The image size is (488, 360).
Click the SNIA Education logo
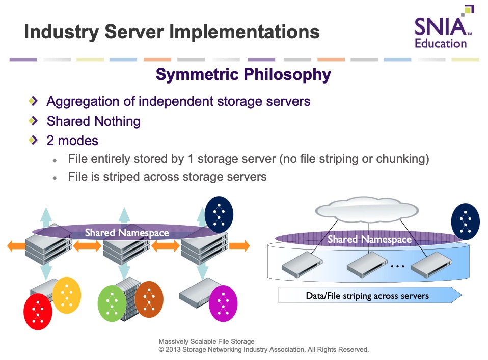(x=444, y=27)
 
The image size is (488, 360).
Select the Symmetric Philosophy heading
(x=243, y=75)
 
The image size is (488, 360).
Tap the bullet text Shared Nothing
(x=93, y=121)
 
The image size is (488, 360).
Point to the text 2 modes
(x=72, y=141)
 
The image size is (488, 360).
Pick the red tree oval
(x=38, y=312)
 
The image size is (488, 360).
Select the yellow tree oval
(x=67, y=295)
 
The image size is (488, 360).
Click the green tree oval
(x=112, y=303)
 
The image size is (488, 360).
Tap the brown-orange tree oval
(x=149, y=299)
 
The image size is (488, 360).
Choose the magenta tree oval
(x=223, y=303)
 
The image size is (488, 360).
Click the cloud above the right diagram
(x=367, y=209)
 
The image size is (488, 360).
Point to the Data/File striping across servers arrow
(x=370, y=295)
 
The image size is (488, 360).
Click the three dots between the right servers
(x=397, y=266)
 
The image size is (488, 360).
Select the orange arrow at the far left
(x=16, y=246)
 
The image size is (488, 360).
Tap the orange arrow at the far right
(x=239, y=246)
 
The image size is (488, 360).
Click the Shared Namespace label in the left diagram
(x=127, y=233)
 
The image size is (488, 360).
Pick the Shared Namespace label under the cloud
(x=369, y=239)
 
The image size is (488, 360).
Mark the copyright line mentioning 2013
(x=263, y=349)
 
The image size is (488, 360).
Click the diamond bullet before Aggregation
(x=33, y=101)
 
